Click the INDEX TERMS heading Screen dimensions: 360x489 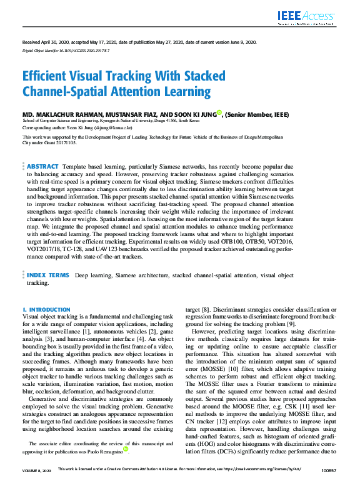[x=47, y=275]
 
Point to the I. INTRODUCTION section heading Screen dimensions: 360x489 [x=46, y=310]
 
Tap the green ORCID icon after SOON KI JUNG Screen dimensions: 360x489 [x=219, y=114]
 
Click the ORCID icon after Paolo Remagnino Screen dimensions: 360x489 [x=125, y=466]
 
